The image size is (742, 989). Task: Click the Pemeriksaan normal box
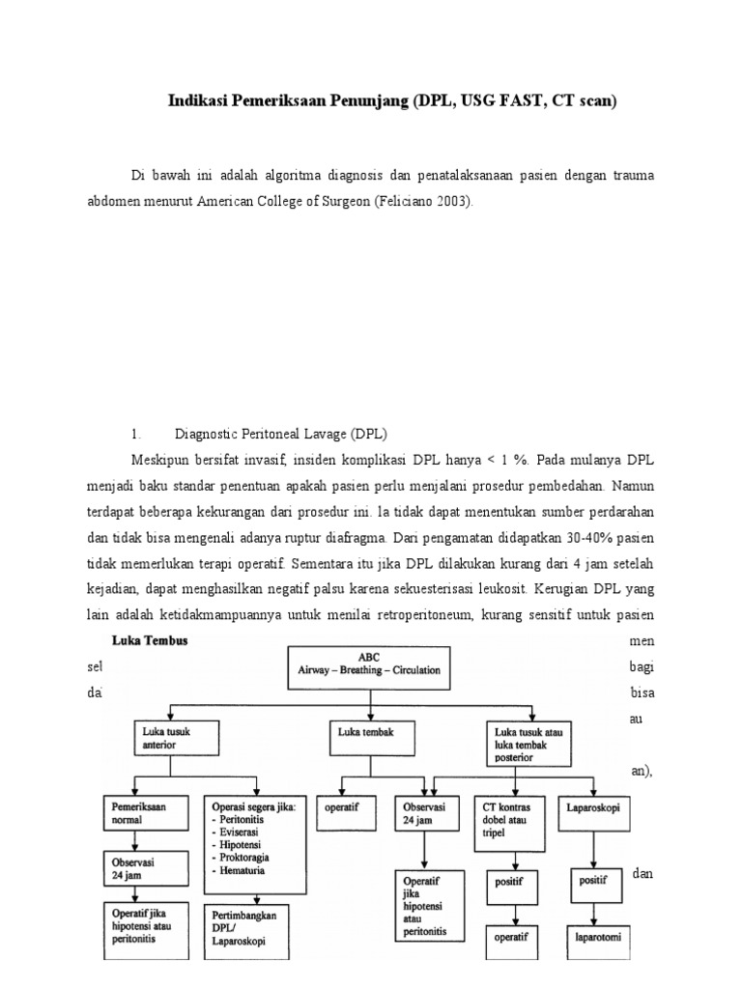140,810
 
